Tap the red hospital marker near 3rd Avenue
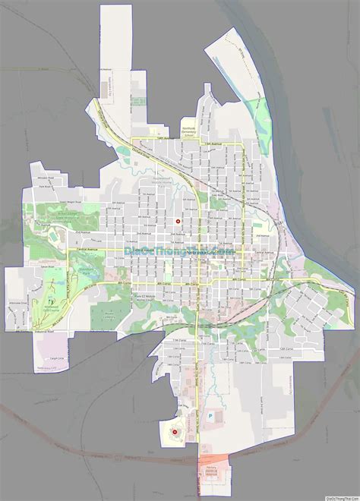click(x=178, y=222)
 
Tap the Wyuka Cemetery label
click(x=110, y=314)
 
